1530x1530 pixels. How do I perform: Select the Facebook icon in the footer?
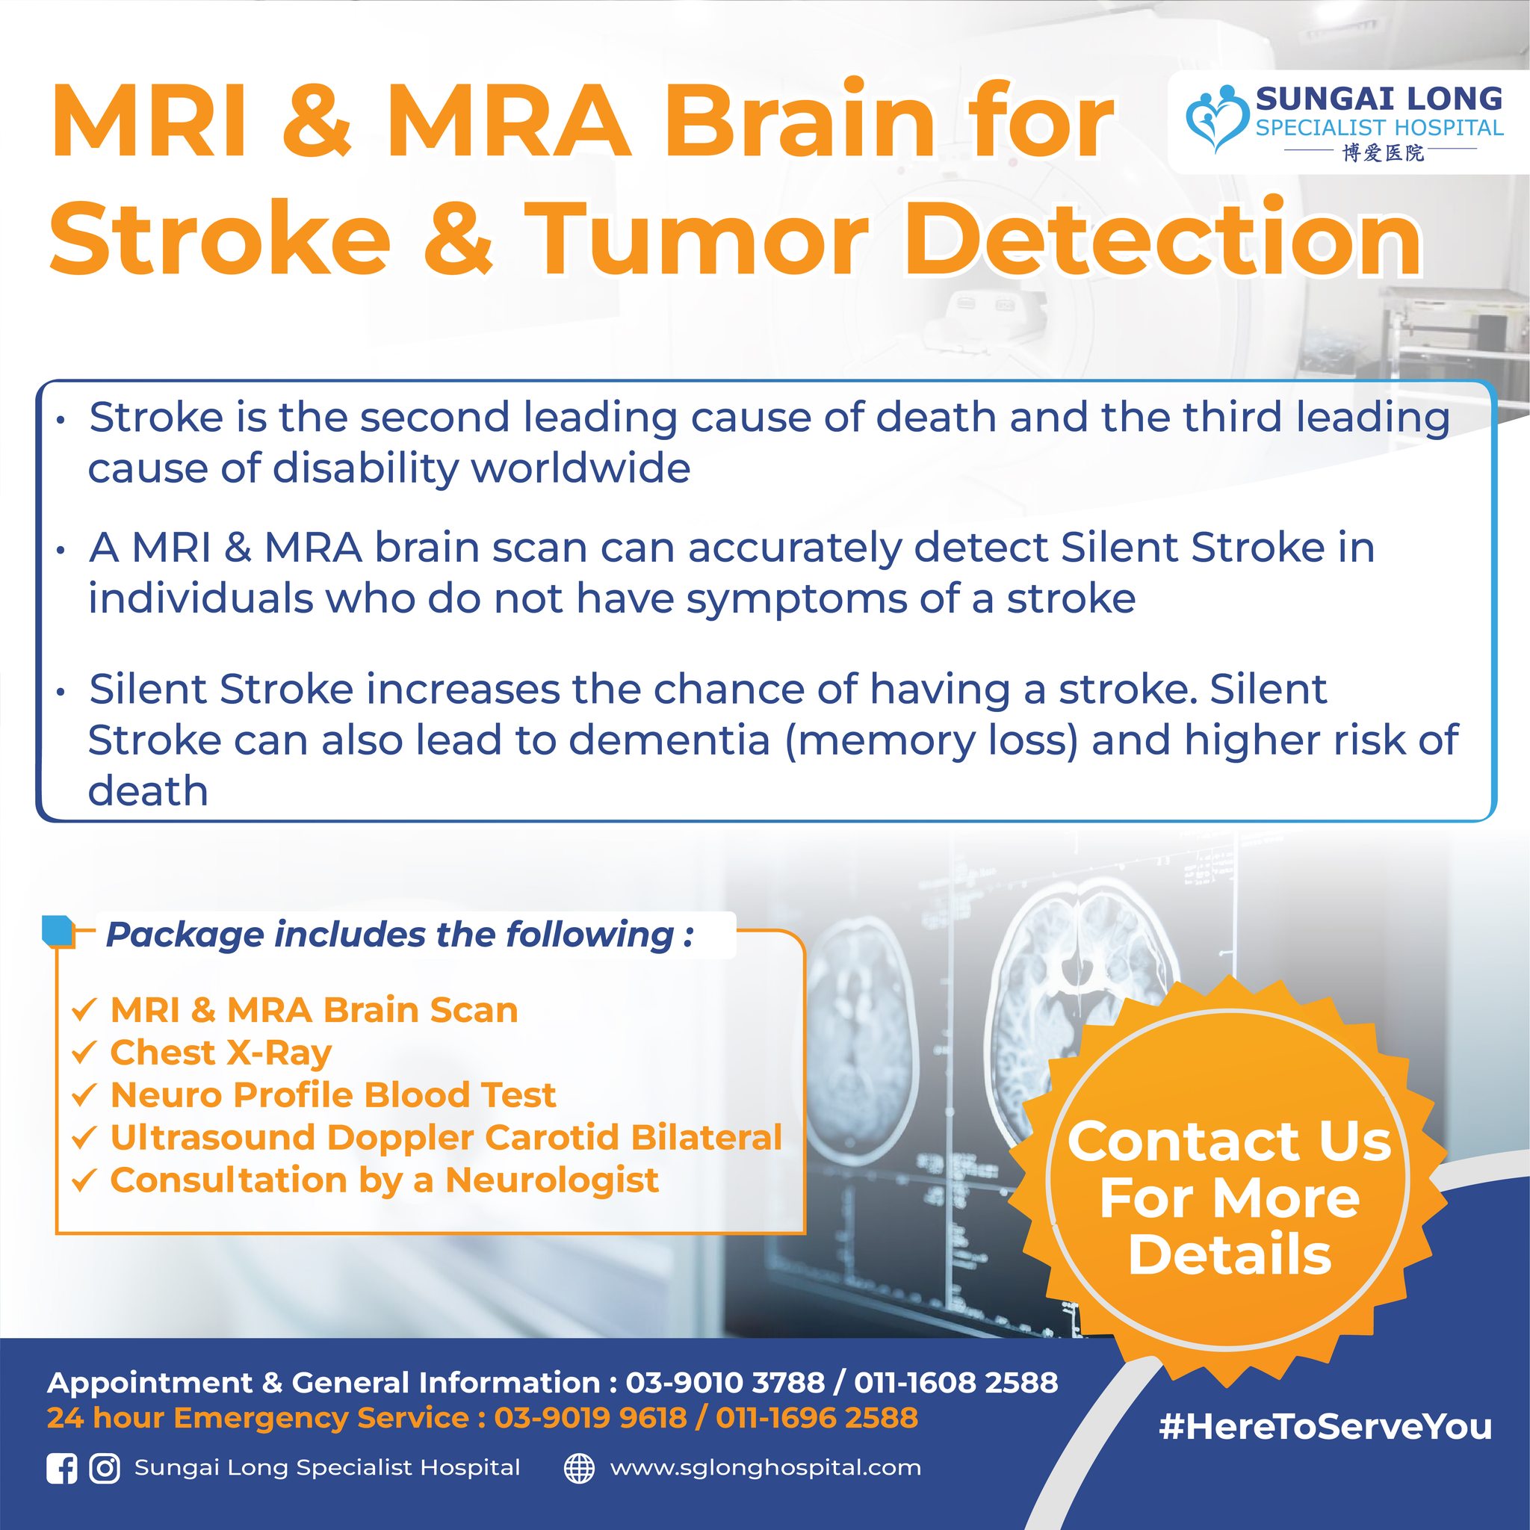(x=62, y=1468)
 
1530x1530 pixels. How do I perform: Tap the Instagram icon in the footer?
(x=104, y=1468)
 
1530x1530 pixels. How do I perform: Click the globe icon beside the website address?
(x=579, y=1468)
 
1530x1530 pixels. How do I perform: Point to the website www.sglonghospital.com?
(x=765, y=1467)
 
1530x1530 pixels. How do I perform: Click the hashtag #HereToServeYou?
(x=1324, y=1427)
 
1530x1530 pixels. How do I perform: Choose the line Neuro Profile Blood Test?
(x=332, y=1095)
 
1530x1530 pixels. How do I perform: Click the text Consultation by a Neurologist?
(x=384, y=1180)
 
